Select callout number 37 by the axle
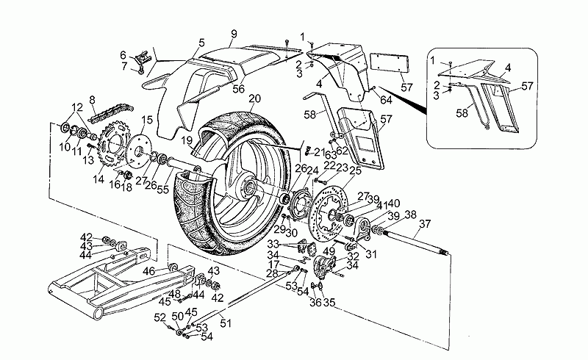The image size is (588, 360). pyautogui.click(x=425, y=224)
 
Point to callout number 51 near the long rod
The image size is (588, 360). pyautogui.click(x=226, y=320)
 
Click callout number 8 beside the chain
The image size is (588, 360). pyautogui.click(x=92, y=100)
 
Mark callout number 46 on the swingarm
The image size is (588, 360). pyautogui.click(x=149, y=272)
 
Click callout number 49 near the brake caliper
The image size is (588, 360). pyautogui.click(x=329, y=251)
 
